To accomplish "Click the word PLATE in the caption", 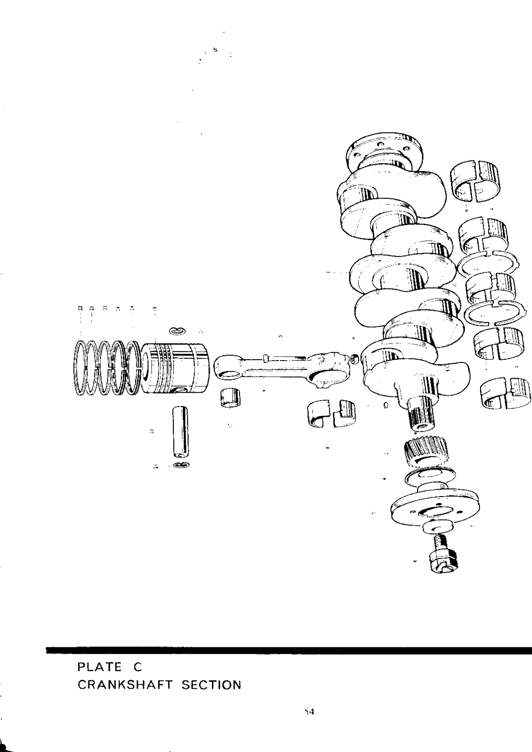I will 94,666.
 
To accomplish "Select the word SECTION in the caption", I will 211,685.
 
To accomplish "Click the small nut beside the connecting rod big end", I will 355,358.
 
